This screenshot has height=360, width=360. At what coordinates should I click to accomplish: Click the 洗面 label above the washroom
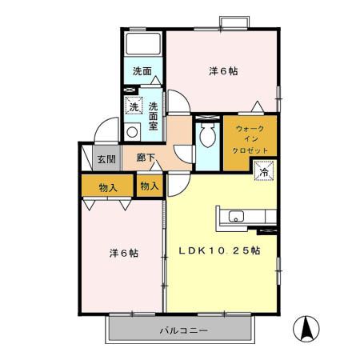click(142, 71)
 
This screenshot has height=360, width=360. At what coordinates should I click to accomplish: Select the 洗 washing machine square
click(134, 106)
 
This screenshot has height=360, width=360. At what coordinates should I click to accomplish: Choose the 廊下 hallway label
click(145, 158)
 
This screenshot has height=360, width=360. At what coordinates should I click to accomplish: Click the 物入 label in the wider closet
click(109, 188)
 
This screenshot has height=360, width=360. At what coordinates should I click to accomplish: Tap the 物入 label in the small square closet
click(150, 186)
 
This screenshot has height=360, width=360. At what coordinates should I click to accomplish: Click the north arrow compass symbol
click(306, 328)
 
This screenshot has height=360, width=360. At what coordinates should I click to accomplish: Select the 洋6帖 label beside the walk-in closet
click(222, 71)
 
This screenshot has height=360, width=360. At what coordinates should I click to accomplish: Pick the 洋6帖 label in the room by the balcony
click(123, 253)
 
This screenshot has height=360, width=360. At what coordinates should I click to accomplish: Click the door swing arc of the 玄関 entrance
click(103, 130)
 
